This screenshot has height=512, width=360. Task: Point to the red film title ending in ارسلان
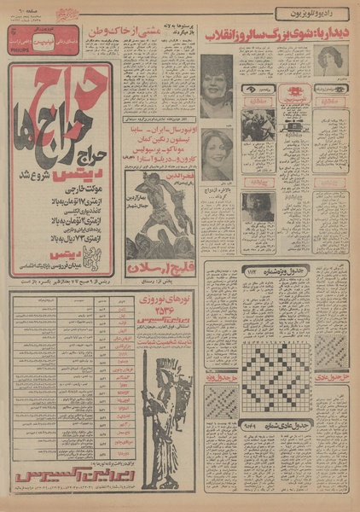(x=162, y=267)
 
